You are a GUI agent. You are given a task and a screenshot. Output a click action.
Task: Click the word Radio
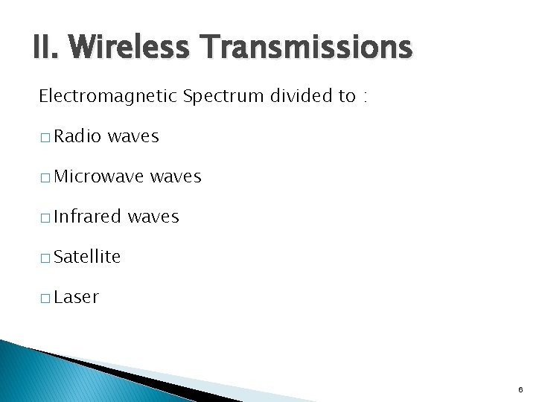point(78,136)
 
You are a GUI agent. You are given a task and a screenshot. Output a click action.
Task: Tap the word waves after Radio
point(133,136)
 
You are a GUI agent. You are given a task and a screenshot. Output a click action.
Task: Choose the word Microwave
point(100,176)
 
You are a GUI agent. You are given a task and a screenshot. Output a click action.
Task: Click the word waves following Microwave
point(176,176)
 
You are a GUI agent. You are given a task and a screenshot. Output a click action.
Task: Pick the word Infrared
point(88,217)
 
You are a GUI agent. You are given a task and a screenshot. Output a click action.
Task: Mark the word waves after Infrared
point(153,217)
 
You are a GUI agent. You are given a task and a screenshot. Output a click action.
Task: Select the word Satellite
point(87,257)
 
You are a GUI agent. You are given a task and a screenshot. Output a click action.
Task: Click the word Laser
point(77,297)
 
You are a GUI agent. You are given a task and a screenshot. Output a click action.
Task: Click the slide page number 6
point(520,389)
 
